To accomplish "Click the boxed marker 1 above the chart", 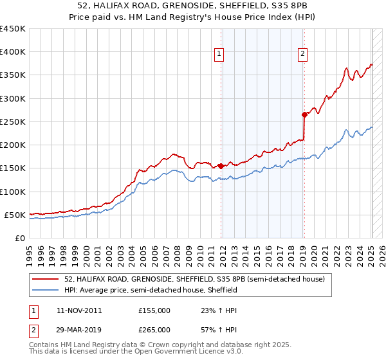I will [x=220, y=55].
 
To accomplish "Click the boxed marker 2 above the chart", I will [x=302, y=55].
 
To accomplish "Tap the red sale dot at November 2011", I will [x=221, y=166].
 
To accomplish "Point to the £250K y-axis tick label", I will [x=13, y=122].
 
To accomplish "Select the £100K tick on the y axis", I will [x=13, y=192].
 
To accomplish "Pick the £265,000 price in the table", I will [x=154, y=329].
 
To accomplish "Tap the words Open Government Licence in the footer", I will [x=190, y=353].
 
